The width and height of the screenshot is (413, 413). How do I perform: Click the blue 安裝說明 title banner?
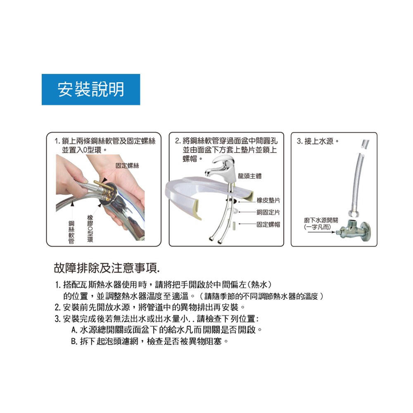91,90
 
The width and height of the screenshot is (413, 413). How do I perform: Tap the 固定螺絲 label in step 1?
127,166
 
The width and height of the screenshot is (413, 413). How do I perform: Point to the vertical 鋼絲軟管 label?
71,232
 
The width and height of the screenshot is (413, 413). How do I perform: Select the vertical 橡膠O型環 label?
90,228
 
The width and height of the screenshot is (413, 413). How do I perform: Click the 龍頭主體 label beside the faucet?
250,176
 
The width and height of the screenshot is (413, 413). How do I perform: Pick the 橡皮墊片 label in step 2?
268,200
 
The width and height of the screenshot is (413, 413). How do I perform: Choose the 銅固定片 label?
268,212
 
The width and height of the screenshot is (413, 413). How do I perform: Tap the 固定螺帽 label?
268,224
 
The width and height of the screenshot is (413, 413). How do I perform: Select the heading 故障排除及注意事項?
107,268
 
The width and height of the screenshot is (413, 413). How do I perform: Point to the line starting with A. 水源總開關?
167,330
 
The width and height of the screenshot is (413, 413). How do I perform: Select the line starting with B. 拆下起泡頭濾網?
150,342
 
